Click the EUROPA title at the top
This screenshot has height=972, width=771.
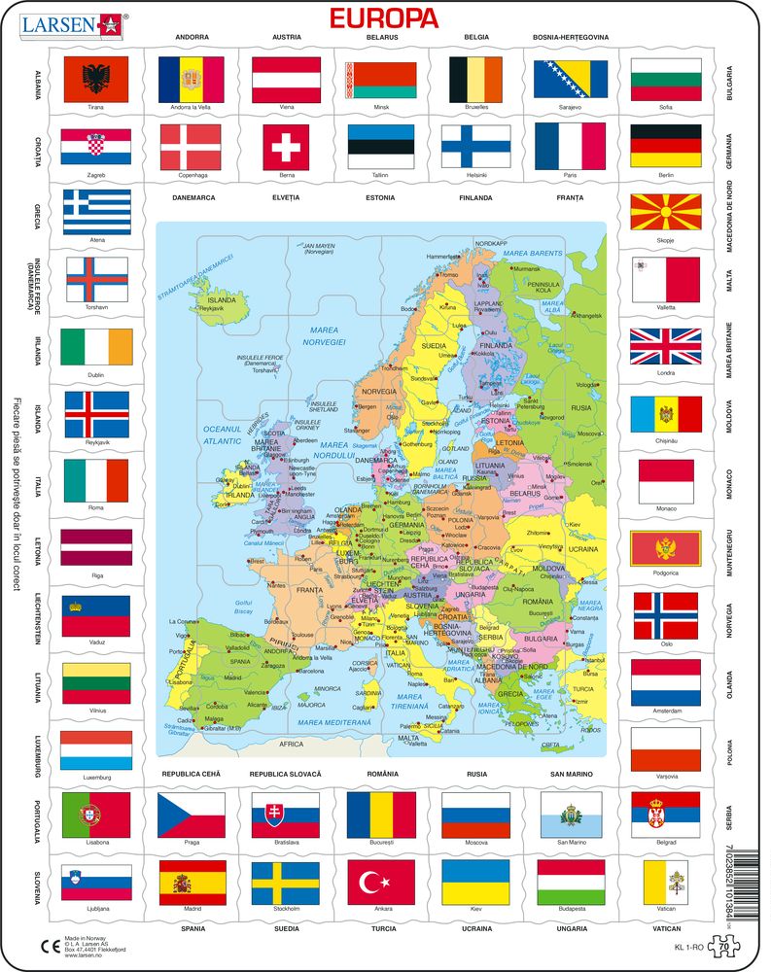point(385,17)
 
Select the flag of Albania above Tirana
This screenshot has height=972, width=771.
point(95,79)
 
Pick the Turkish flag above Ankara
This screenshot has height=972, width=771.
point(381,882)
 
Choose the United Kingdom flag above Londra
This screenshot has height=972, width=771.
point(665,347)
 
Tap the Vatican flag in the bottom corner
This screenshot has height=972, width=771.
point(665,882)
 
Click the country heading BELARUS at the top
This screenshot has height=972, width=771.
point(382,37)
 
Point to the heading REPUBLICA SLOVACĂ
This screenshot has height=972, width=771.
point(285,773)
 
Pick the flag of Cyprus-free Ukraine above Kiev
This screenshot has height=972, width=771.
point(475,882)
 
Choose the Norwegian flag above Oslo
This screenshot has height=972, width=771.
point(665,615)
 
